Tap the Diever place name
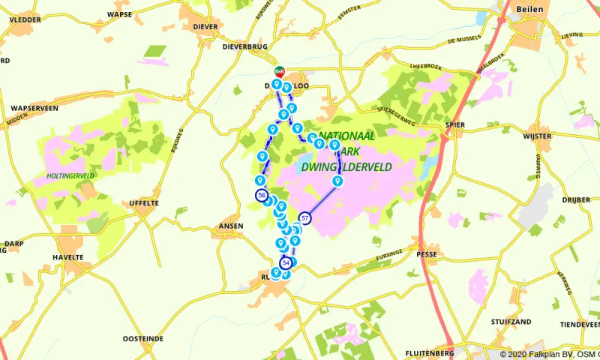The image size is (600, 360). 205,26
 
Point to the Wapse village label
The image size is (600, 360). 120,14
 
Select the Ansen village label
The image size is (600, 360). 230,226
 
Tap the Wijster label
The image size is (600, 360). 539,136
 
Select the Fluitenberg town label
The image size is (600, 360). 430,352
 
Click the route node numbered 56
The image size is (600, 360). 261,195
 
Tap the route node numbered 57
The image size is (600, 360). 305,217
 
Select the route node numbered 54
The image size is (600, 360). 286,262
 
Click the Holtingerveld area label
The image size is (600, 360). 69,176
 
